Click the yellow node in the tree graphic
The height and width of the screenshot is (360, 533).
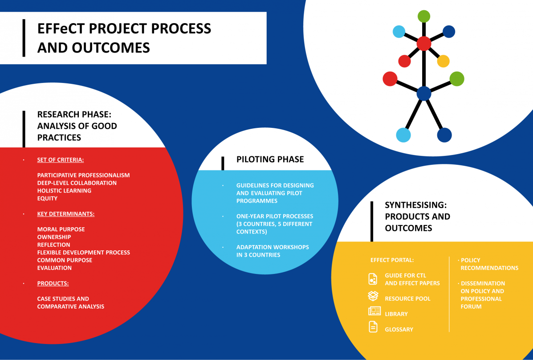(x=443, y=61)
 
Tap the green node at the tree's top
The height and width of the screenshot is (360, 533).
(x=424, y=16)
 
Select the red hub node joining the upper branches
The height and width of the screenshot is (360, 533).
(x=424, y=44)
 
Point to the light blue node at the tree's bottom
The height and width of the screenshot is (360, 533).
(x=403, y=135)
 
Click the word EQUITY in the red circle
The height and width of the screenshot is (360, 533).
(x=47, y=198)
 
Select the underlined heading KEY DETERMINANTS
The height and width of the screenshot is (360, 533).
(x=65, y=214)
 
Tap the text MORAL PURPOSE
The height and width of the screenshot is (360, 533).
(x=61, y=229)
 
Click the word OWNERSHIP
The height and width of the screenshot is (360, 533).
(x=54, y=237)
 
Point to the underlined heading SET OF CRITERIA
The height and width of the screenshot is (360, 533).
(x=61, y=160)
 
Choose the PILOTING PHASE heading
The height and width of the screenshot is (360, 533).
(x=270, y=159)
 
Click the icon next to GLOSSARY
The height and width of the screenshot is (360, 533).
(x=373, y=327)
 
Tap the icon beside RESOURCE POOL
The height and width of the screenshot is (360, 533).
(x=373, y=296)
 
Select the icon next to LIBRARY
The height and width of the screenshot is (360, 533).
(x=374, y=311)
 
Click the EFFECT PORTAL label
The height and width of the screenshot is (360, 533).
(x=392, y=260)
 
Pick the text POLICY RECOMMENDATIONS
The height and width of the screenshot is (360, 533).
(x=489, y=264)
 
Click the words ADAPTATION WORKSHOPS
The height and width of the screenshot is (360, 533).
(x=273, y=247)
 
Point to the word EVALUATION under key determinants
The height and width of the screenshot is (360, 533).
(x=54, y=268)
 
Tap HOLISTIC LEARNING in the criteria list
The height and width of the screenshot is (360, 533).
(x=64, y=191)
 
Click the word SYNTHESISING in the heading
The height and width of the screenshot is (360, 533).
(x=416, y=205)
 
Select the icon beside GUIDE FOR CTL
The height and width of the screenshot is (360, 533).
(x=373, y=278)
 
